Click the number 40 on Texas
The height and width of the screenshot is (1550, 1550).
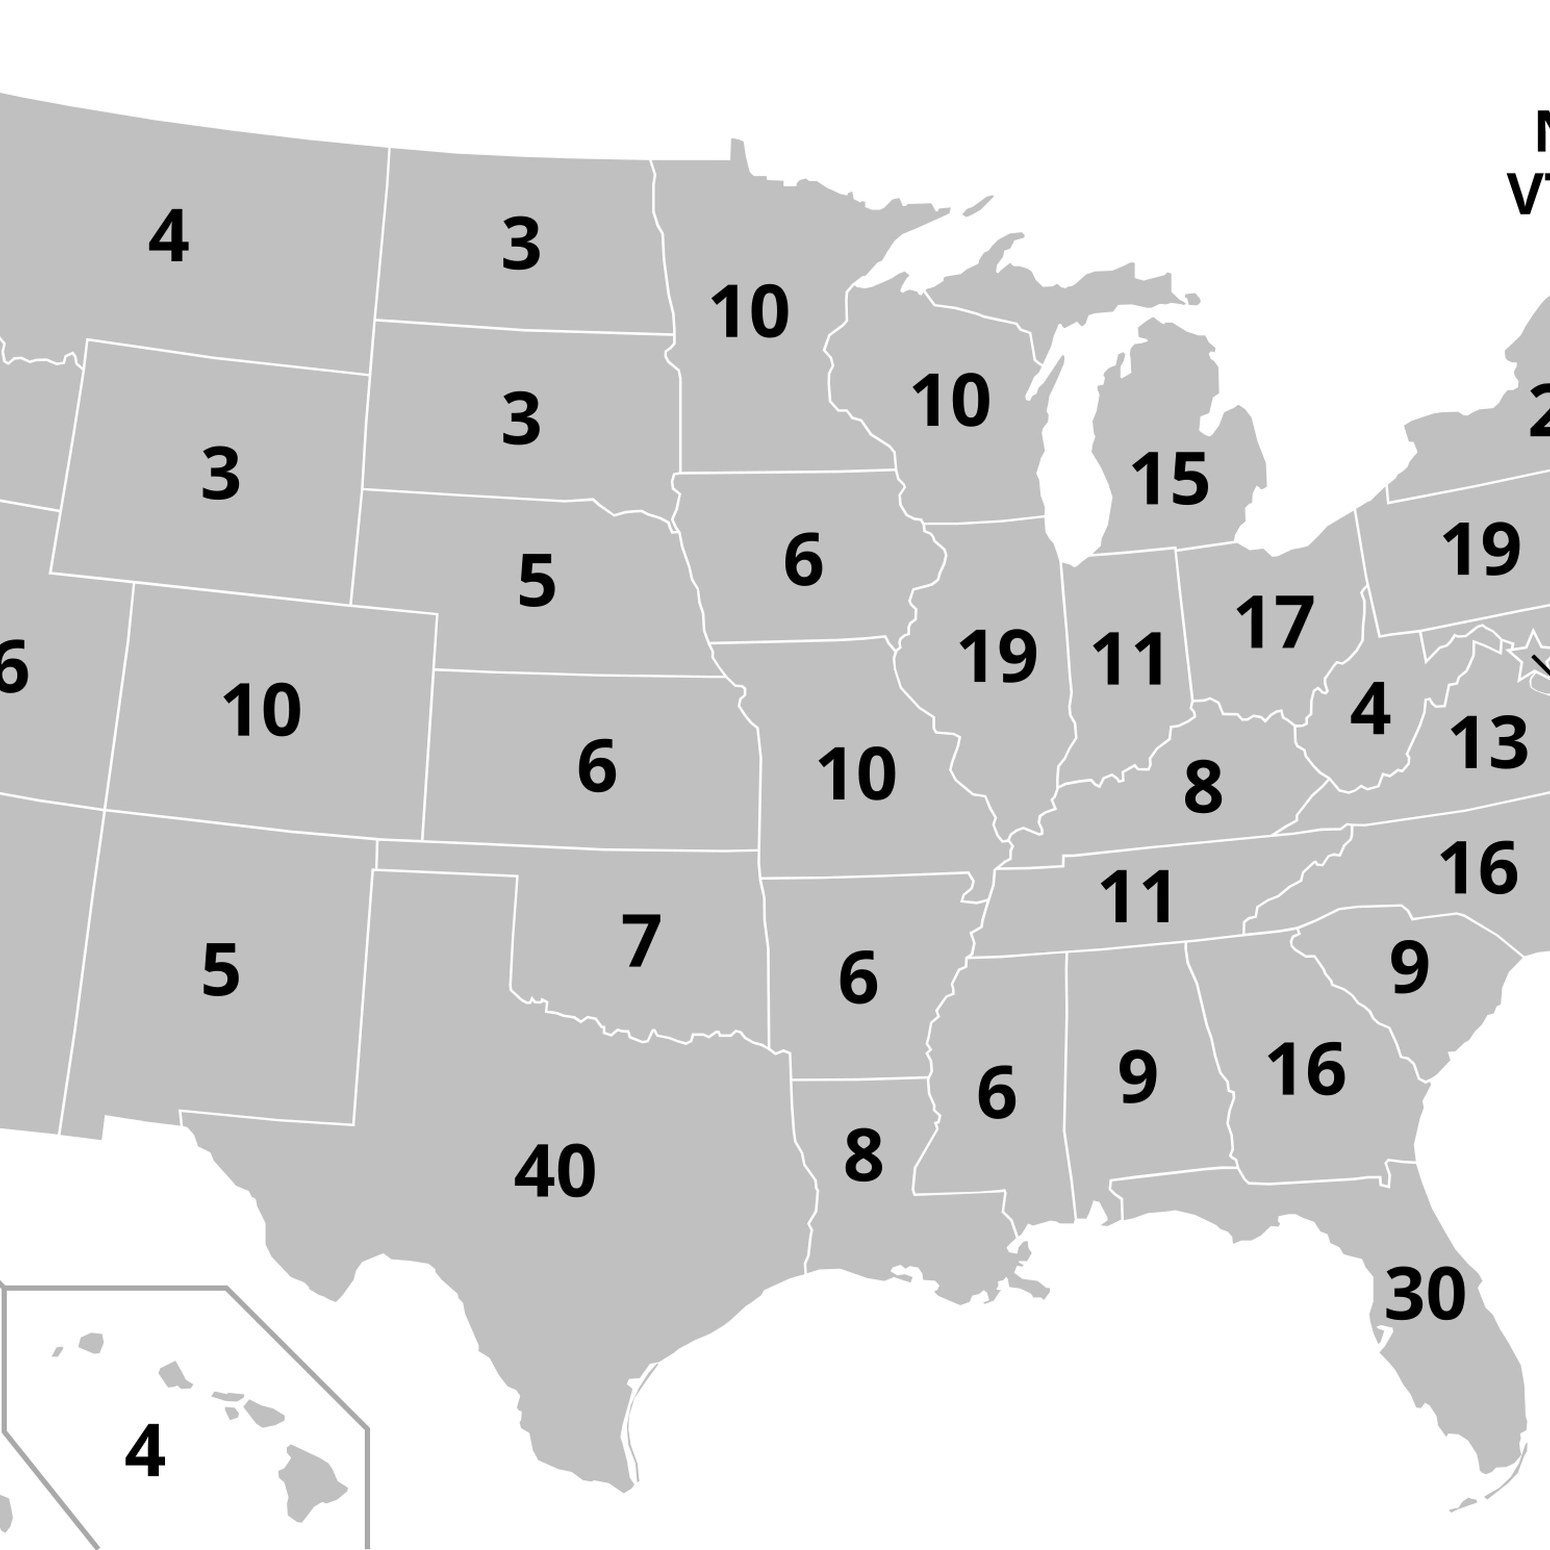click(554, 1172)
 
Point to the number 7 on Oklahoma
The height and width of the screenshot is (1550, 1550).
click(641, 941)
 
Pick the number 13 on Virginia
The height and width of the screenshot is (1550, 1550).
click(1488, 743)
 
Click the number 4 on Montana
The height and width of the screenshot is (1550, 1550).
click(168, 237)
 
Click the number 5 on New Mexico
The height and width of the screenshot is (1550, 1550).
click(221, 971)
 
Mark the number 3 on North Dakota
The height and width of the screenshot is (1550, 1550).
click(521, 245)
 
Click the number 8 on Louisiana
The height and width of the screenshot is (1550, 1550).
click(863, 1156)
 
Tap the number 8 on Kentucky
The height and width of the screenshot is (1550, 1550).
click(1203, 788)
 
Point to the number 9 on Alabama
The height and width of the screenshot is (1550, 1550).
click(1138, 1077)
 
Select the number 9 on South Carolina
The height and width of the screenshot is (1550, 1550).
click(1409, 968)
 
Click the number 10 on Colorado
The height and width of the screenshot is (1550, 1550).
click(261, 711)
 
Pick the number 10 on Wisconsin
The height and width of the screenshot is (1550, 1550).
click(951, 401)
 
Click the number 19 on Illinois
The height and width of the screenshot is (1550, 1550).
click(998, 658)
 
